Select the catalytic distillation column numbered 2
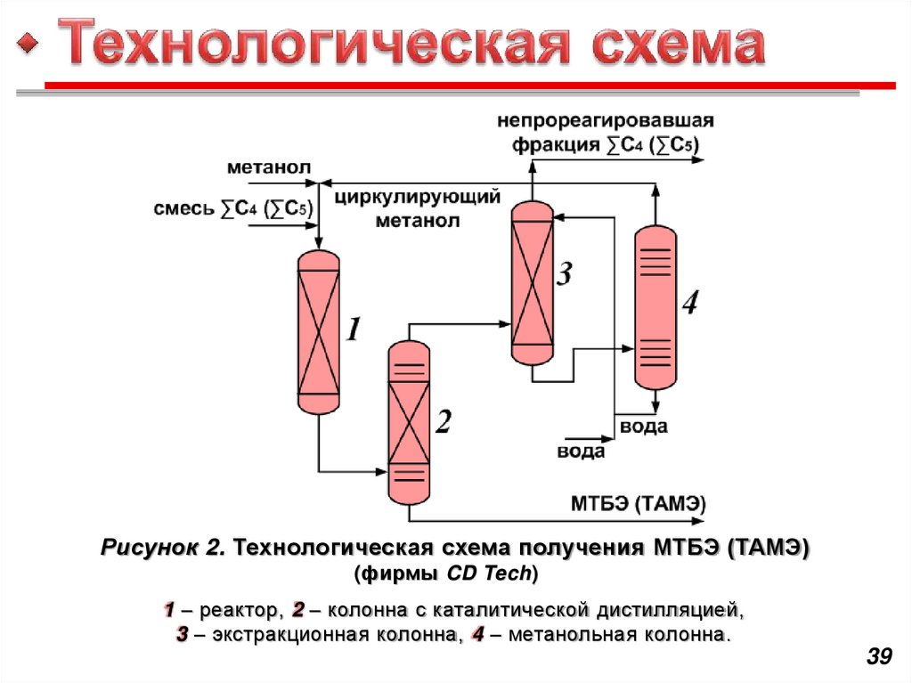coord(409,423)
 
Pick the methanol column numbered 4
coord(655,307)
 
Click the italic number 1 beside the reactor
coord(354,330)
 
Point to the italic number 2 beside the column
coord(443,422)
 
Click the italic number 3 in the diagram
coord(564,275)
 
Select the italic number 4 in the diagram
coord(689,303)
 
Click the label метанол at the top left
coord(268,167)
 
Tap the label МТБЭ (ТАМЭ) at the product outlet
coord(638,503)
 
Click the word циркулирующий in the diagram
coord(418,197)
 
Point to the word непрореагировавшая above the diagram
coord(606,119)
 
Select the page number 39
coord(878,657)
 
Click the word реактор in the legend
coord(240,611)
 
